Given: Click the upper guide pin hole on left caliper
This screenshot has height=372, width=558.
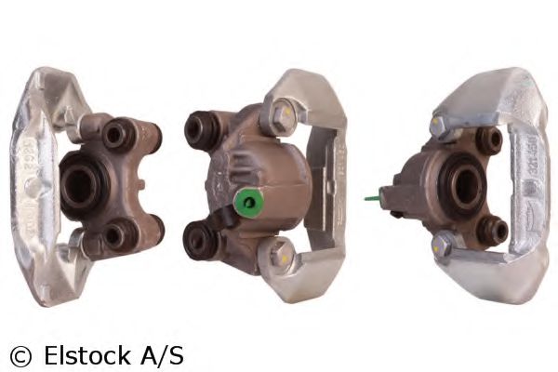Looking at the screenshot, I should (117, 137).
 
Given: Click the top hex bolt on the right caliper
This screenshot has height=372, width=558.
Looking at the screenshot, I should (438, 125).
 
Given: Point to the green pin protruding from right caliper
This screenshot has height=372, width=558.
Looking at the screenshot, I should (375, 196).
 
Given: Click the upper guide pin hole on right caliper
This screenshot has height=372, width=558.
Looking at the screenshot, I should (489, 139).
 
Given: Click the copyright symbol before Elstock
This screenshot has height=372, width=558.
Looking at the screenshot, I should (20, 355).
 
